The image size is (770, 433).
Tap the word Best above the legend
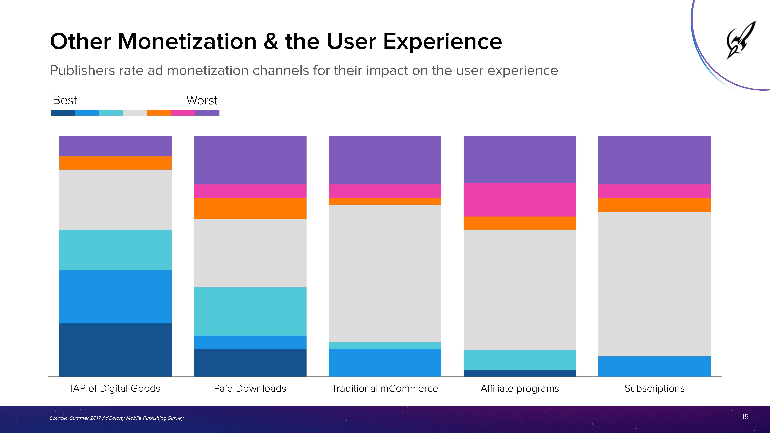click(65, 100)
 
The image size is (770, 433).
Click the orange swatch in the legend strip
click(159, 113)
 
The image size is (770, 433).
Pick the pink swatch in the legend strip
click(183, 113)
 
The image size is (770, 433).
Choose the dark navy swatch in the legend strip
click(63, 113)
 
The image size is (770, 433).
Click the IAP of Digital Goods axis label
click(115, 389)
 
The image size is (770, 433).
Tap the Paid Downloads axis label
click(250, 389)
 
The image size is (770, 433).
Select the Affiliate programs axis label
click(519, 389)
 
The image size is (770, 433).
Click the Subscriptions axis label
click(654, 389)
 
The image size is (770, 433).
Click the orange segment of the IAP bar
click(115, 163)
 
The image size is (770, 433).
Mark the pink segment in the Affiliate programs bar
click(519, 200)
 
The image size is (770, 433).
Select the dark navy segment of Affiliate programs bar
click(519, 373)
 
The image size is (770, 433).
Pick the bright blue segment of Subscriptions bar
click(654, 366)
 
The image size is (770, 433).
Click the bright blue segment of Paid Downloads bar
click(250, 342)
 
